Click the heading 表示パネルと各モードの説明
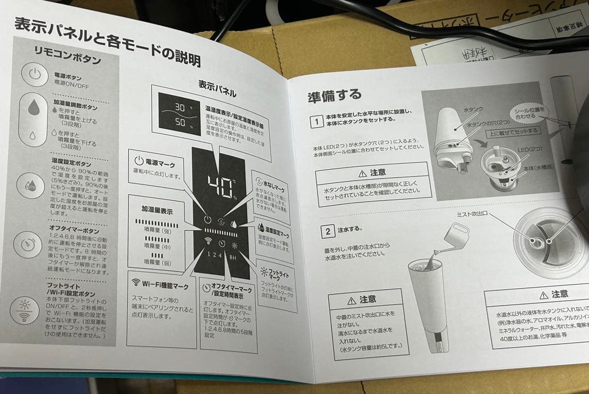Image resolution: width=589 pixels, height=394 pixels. tap(106, 41)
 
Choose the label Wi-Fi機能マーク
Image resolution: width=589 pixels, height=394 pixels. tap(159, 284)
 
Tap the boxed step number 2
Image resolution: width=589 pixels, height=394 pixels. tap(328, 231)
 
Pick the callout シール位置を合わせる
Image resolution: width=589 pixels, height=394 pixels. tap(528, 113)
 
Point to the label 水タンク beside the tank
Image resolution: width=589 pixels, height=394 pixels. tap(472, 110)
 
